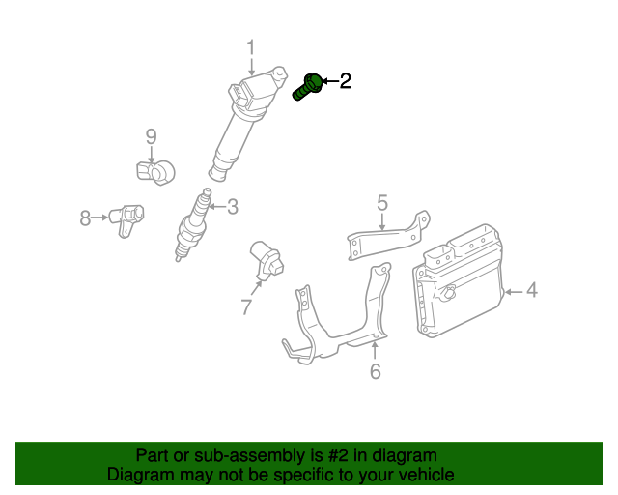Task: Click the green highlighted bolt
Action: (307, 86)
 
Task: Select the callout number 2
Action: (345, 81)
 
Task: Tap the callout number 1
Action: (251, 47)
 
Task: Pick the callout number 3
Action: (232, 205)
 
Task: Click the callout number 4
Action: (532, 290)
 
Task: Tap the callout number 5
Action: (382, 202)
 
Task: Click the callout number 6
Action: (376, 371)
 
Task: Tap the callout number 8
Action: (85, 218)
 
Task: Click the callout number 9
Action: (151, 136)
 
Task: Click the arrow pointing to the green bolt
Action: (329, 81)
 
